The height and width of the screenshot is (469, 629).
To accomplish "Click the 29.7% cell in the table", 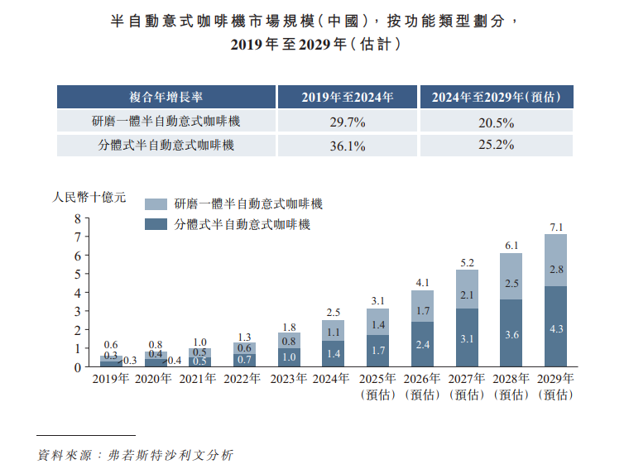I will pyautogui.click(x=348, y=122).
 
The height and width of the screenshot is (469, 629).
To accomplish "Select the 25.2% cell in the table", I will pyautogui.click(x=496, y=145).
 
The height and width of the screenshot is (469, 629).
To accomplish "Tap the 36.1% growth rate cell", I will pyautogui.click(x=348, y=146).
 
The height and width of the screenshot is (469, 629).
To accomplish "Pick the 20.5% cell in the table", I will pyautogui.click(x=496, y=122).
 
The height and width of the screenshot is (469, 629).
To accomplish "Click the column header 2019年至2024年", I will pyautogui.click(x=348, y=97).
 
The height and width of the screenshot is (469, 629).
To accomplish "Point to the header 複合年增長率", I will pyautogui.click(x=166, y=97).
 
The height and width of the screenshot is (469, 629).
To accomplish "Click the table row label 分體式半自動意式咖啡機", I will pyautogui.click(x=166, y=146).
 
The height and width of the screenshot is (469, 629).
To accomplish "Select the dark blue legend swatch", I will pyautogui.click(x=156, y=224).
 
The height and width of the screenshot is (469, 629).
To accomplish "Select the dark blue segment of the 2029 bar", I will pyautogui.click(x=555, y=327).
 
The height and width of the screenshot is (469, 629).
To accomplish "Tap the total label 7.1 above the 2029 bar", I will pyautogui.click(x=556, y=227).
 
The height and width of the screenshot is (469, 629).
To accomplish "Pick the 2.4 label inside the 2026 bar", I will pyautogui.click(x=422, y=344).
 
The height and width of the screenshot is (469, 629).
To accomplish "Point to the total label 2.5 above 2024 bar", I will pyautogui.click(x=333, y=312).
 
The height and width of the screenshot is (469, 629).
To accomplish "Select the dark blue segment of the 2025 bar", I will pyautogui.click(x=377, y=351).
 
